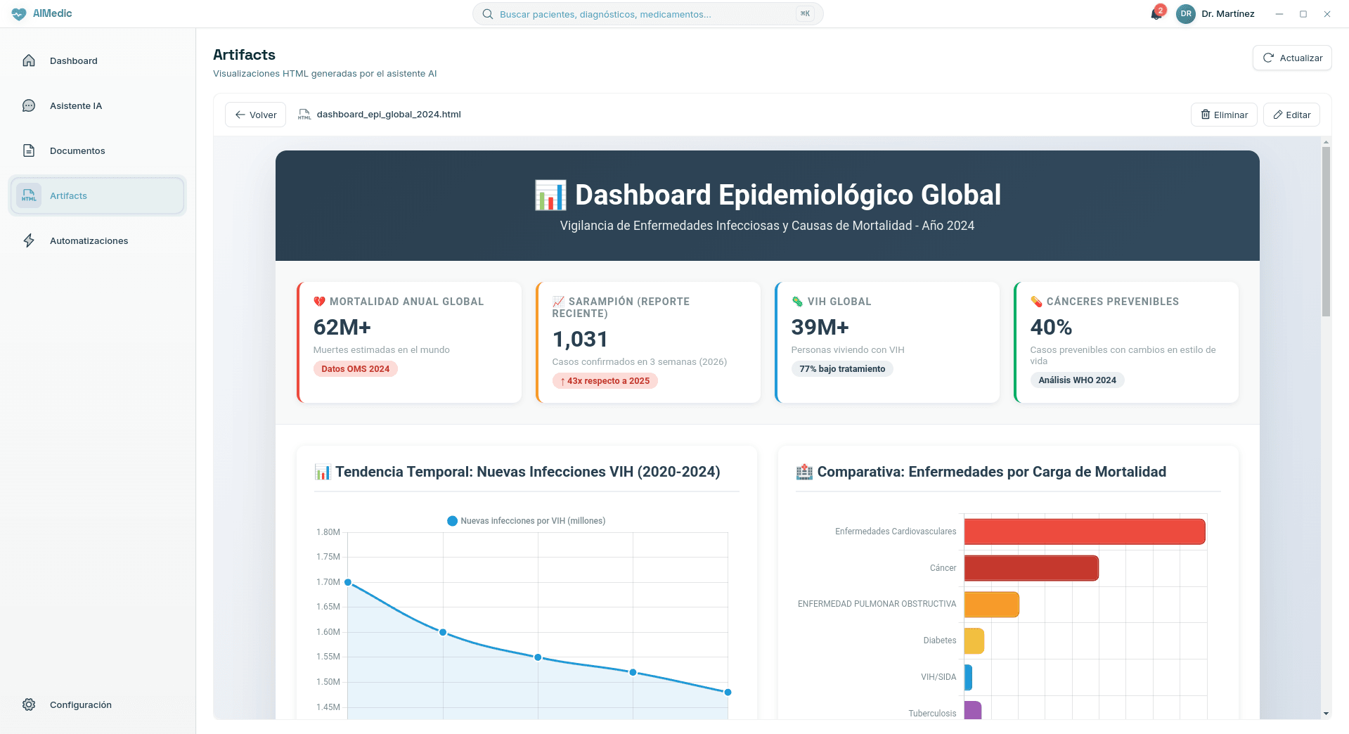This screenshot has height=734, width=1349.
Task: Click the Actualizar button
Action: pyautogui.click(x=1292, y=58)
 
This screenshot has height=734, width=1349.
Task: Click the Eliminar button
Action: pyautogui.click(x=1224, y=115)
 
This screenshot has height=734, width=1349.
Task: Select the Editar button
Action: pyautogui.click(x=1291, y=115)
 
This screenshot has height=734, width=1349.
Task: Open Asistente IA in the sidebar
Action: pyautogui.click(x=76, y=106)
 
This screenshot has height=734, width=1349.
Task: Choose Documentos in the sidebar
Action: pyautogui.click(x=77, y=151)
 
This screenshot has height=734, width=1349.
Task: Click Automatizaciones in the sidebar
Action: pyautogui.click(x=89, y=241)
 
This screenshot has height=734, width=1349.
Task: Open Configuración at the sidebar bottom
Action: pyautogui.click(x=80, y=705)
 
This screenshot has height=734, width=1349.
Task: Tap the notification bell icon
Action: pyautogui.click(x=1156, y=14)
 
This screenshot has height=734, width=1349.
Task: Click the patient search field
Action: pyautogui.click(x=647, y=14)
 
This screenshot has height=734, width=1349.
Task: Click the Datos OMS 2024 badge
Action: pyautogui.click(x=355, y=369)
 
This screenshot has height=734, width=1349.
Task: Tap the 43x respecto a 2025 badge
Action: pyautogui.click(x=605, y=381)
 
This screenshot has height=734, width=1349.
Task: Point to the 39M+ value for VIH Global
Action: pyautogui.click(x=820, y=328)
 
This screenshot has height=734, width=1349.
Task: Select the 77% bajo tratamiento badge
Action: pyautogui.click(x=841, y=369)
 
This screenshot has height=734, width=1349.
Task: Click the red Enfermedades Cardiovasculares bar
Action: pyautogui.click(x=1084, y=532)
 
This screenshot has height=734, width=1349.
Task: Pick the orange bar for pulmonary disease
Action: pyautogui.click(x=991, y=605)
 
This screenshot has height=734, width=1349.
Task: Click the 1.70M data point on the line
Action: pyautogui.click(x=348, y=582)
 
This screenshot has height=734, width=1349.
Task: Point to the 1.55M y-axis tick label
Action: pyautogui.click(x=328, y=657)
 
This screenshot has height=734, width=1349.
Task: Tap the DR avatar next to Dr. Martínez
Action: pyautogui.click(x=1185, y=14)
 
